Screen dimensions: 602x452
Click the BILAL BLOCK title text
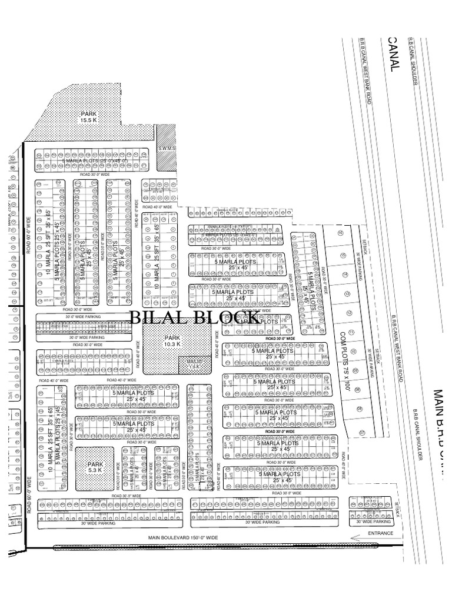[194, 318]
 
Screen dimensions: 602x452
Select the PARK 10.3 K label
[172, 341]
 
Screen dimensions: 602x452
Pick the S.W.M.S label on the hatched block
[167, 148]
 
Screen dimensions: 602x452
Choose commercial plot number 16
[340, 233]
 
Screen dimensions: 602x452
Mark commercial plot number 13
[347, 294]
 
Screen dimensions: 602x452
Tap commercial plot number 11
[351, 333]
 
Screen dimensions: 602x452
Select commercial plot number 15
[343, 254]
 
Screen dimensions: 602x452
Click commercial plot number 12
[349, 313]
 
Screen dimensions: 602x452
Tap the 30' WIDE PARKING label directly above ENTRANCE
[372, 521]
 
